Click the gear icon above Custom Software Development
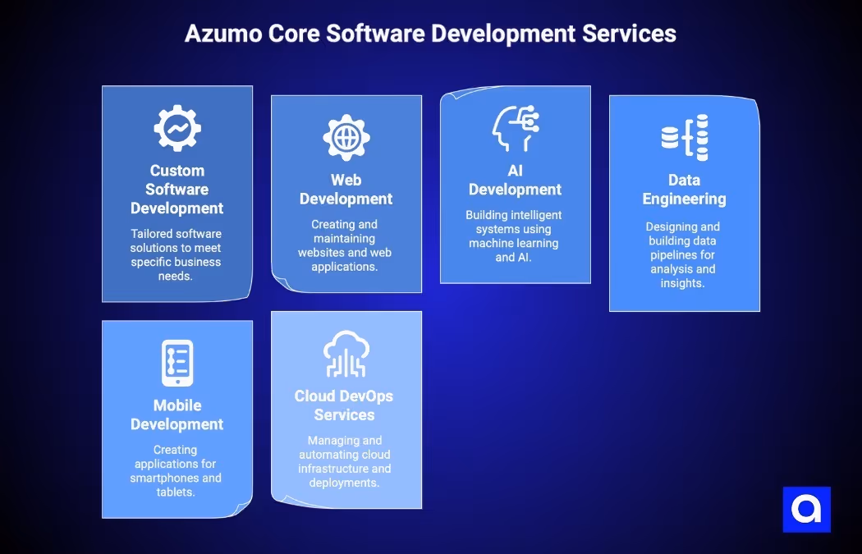177,128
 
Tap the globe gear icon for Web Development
346,137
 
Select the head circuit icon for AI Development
516,128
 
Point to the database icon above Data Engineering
685,137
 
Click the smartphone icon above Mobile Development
177,363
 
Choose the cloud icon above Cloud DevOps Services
346,354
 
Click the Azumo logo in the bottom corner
806,510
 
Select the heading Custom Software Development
177,190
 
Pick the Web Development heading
346,190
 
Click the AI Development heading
516,180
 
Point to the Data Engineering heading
685,190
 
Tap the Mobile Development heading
177,414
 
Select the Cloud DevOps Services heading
344,405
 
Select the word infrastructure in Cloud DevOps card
332,469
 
